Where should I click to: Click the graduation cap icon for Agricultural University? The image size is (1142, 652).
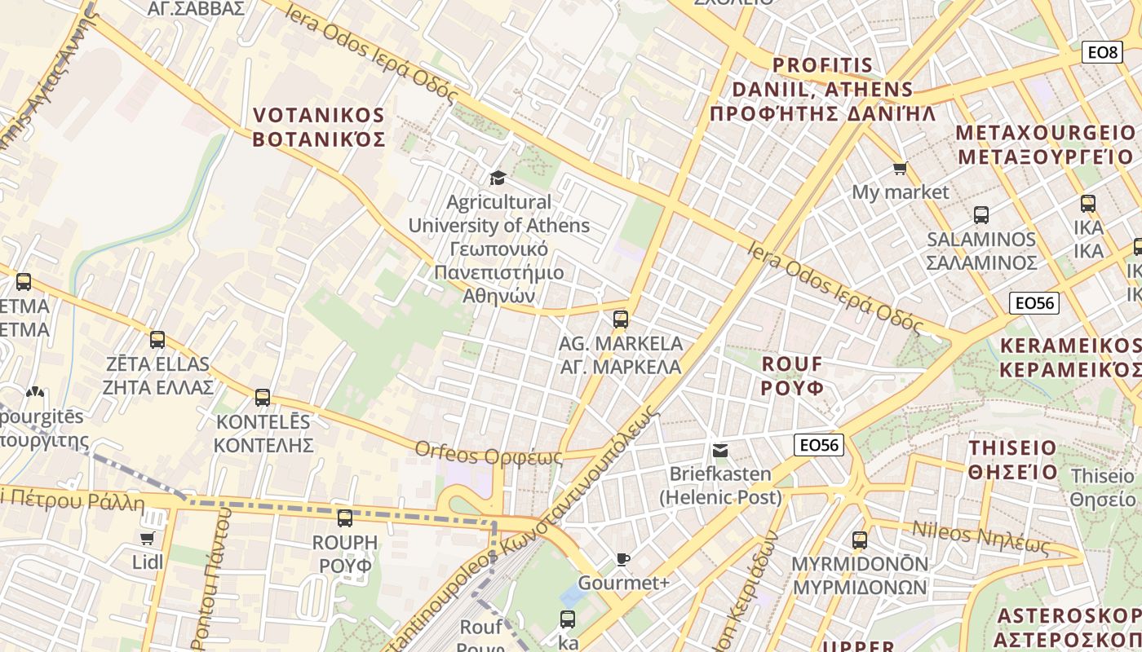(x=498, y=178)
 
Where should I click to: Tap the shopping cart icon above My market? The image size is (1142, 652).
(x=900, y=169)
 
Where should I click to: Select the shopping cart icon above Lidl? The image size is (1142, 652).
(x=147, y=538)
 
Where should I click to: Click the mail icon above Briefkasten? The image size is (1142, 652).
(x=719, y=451)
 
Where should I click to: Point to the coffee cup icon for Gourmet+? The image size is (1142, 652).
(x=623, y=559)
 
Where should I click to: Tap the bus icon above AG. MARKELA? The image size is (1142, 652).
(x=621, y=319)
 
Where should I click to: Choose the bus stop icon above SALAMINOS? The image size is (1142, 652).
(x=981, y=215)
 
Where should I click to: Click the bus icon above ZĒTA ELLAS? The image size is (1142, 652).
(x=157, y=340)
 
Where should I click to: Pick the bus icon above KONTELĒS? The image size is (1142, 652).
(x=263, y=398)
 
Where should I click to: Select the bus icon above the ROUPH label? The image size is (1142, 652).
(x=345, y=518)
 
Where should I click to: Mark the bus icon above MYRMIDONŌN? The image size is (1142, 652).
(x=860, y=540)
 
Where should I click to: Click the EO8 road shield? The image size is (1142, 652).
(x=1101, y=52)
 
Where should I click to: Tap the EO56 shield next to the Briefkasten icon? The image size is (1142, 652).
(x=819, y=445)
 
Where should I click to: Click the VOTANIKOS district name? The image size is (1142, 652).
(x=319, y=127)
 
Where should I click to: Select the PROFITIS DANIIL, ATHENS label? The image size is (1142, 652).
(x=822, y=89)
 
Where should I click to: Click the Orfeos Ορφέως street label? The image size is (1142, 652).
(x=489, y=453)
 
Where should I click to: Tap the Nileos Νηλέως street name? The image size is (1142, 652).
(x=980, y=537)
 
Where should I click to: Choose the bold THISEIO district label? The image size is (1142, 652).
(x=1012, y=460)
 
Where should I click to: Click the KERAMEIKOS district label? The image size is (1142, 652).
(x=1070, y=358)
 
